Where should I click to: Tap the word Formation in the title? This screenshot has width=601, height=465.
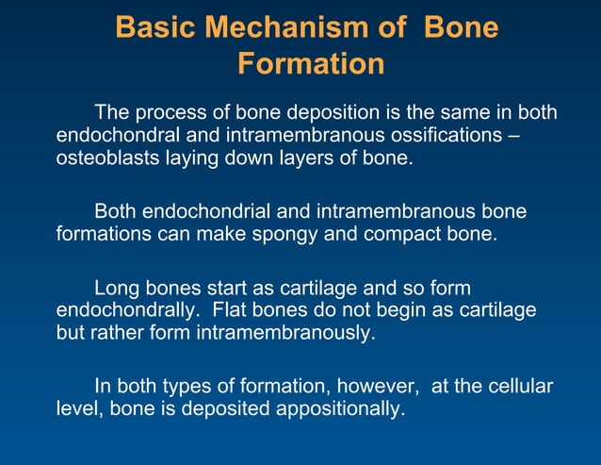pos(310,64)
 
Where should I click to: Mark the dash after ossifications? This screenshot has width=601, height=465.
pos(512,136)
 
